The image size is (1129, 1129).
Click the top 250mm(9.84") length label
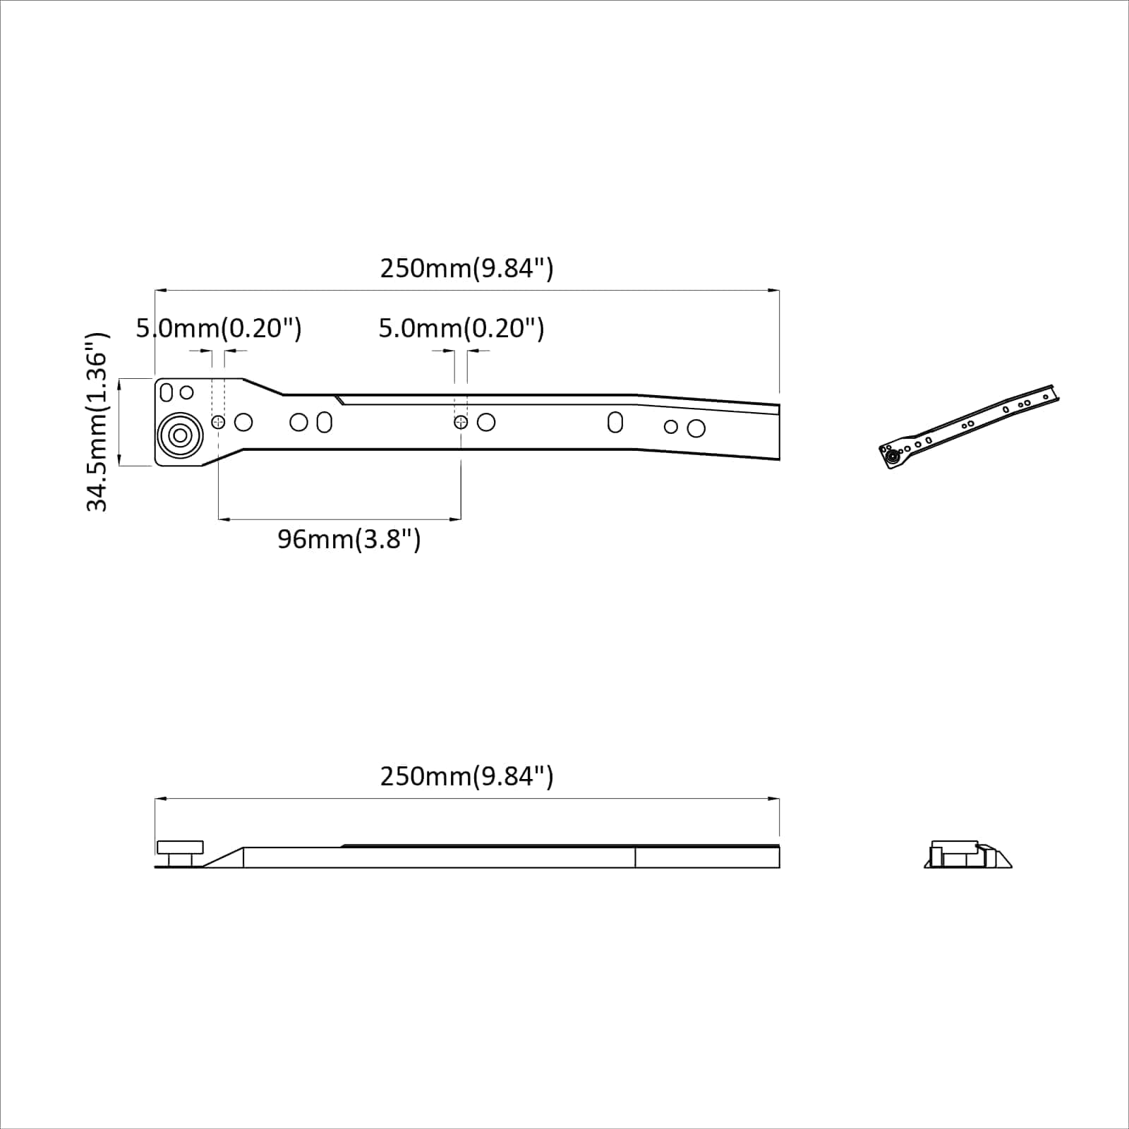[466, 269]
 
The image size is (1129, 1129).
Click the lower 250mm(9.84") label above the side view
[466, 777]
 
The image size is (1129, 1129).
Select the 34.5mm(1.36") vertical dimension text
[97, 422]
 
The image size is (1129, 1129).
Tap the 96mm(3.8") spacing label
[349, 540]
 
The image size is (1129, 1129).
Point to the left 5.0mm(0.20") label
[219, 329]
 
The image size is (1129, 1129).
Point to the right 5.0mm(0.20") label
[461, 329]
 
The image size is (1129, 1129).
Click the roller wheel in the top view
[180, 436]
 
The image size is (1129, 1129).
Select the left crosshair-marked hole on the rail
[218, 422]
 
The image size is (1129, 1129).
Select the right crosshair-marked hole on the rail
[461, 422]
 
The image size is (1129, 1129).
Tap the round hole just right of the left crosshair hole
[243, 422]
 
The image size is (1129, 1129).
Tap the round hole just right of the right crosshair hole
[486, 422]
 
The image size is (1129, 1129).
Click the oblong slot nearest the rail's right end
[615, 422]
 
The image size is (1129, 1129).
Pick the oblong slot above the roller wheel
[167, 392]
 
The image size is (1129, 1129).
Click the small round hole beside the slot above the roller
[187, 392]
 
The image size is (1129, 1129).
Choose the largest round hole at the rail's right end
[696, 428]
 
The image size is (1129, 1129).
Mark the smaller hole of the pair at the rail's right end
[671, 427]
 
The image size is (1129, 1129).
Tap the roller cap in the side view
[180, 847]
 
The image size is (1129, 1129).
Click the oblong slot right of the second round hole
[325, 422]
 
